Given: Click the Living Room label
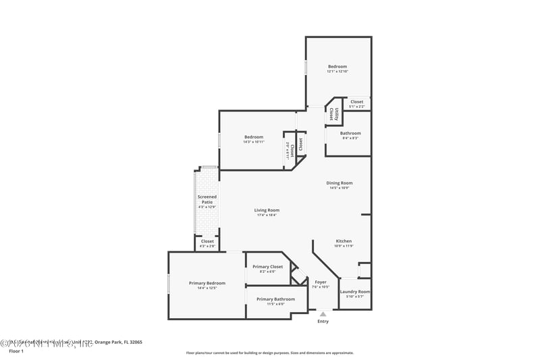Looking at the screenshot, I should coord(267,210).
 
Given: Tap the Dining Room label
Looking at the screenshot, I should coord(340,183).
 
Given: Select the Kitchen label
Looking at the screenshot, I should coord(344,241).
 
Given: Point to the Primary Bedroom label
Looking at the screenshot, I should coord(207,283).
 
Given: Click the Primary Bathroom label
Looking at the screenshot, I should coord(275,299).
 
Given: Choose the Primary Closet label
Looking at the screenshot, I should coord(267,267).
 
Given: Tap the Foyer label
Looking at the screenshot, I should coord(321,282).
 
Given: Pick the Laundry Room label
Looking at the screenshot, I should coord(354,292).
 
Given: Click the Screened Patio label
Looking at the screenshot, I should coord(207,200).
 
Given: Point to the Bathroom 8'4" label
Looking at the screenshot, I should coord(350,133).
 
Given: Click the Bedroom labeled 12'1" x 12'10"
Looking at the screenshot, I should coord(337,66).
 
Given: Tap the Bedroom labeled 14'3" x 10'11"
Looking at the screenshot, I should coord(254,137).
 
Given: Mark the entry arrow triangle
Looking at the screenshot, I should coord(323,313).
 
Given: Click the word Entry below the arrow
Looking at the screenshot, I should coord(323,322).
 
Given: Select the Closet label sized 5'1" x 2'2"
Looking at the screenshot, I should coord(356,102).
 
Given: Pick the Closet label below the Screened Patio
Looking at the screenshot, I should coord(207,241).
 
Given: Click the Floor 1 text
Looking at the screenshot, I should coord(16,351).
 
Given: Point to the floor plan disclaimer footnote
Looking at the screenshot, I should coord(269,353).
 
